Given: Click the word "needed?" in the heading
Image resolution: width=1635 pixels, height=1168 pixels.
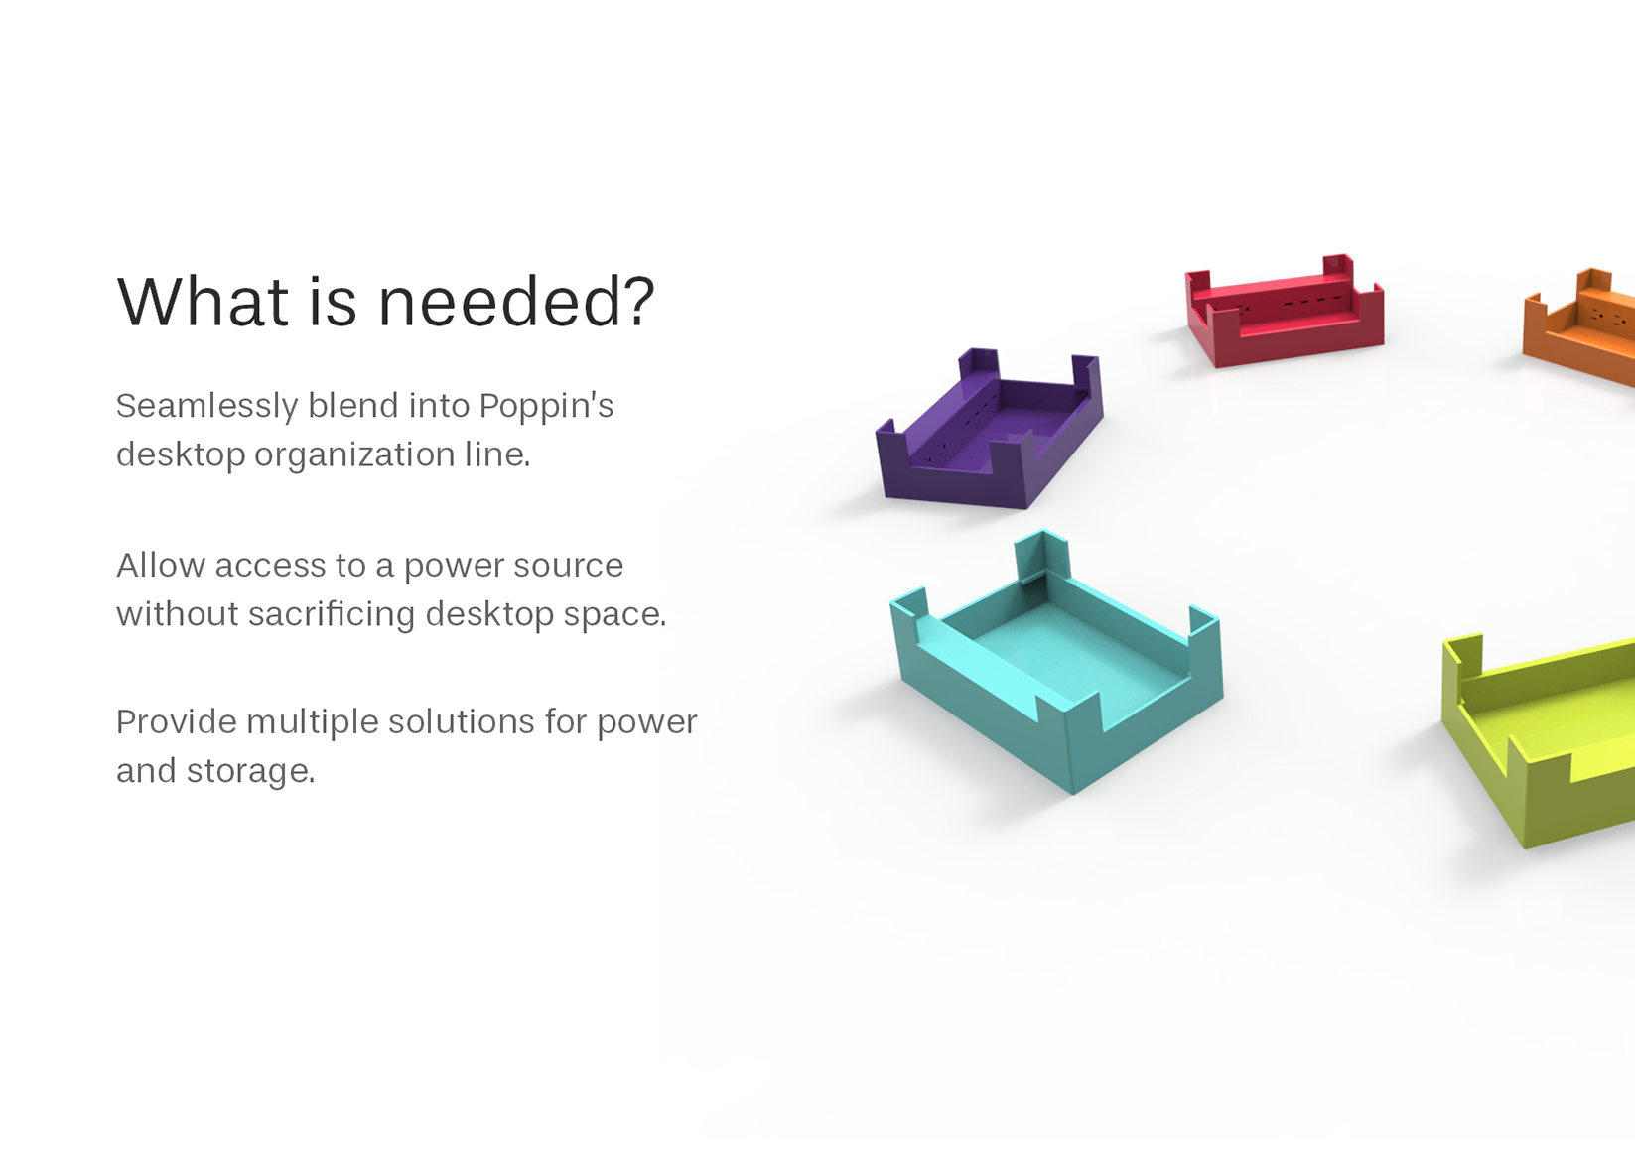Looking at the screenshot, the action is [516, 302].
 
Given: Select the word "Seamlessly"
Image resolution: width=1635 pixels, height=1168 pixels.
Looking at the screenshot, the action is [206, 406].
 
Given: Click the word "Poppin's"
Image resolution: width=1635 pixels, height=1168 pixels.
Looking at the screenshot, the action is [546, 406].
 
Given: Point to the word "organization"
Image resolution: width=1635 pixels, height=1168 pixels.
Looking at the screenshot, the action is [354, 455].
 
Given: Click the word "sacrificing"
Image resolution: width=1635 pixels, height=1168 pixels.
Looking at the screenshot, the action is [332, 614].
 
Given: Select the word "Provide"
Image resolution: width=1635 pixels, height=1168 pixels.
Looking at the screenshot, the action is [176, 721].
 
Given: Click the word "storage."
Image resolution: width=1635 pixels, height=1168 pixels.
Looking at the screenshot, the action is [250, 772].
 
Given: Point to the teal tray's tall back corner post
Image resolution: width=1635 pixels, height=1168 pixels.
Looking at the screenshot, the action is [1040, 558].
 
